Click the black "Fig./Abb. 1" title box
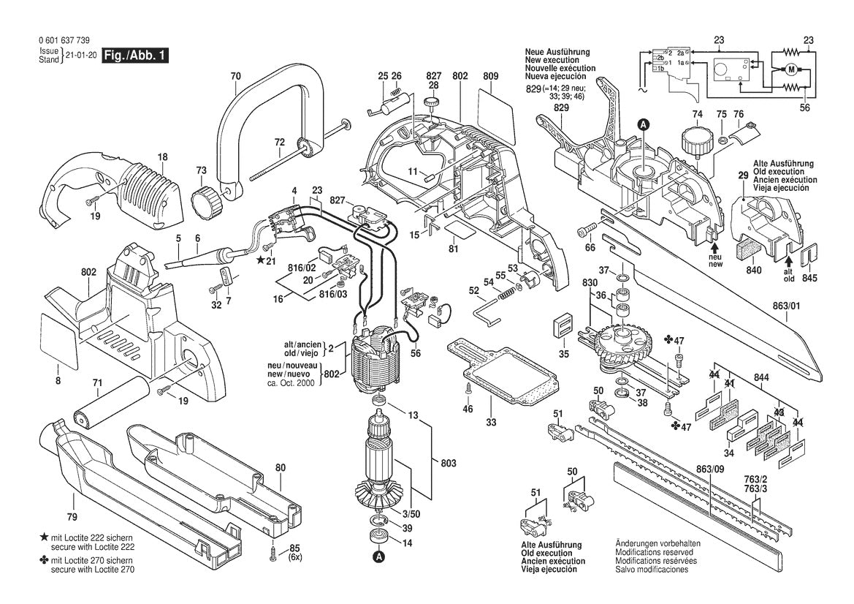coord(135,56)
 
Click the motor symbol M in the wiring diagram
coord(790,69)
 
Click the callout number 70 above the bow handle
coord(235,76)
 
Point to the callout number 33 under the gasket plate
coord(492,423)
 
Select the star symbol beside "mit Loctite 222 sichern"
coord(45,537)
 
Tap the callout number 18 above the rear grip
coord(162,156)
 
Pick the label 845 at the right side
coord(809,278)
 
